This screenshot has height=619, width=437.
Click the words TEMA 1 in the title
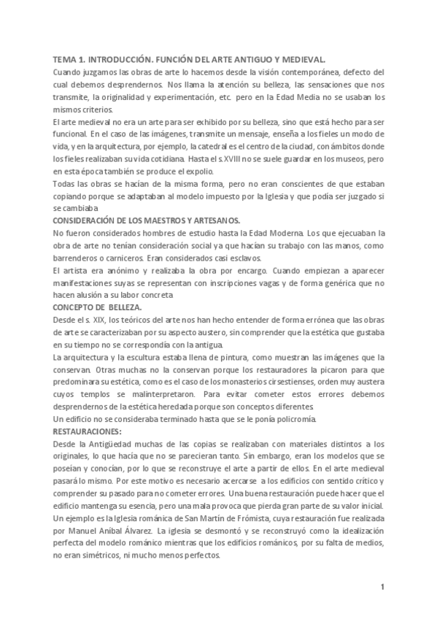pyautogui.click(x=71, y=61)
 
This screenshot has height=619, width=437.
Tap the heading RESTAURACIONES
pyautogui.click(x=87, y=432)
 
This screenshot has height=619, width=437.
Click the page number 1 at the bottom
pyautogui.click(x=382, y=587)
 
